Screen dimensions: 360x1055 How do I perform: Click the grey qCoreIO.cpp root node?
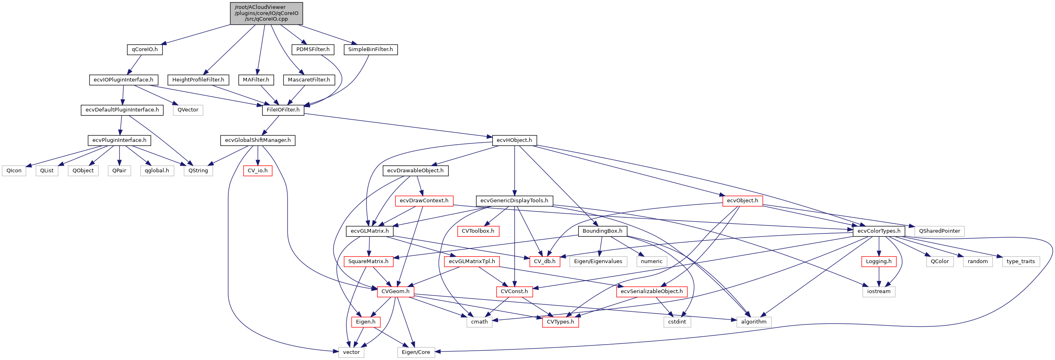coord(266,13)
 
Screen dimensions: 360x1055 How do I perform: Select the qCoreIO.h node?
coord(145,49)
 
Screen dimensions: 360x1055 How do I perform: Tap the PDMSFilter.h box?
coord(313,49)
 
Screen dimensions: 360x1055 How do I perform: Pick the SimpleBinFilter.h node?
coord(370,49)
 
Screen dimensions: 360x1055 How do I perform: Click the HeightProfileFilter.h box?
coord(198,80)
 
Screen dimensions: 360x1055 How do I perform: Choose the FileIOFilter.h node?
coord(283,110)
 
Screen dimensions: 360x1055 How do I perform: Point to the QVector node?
coord(188,110)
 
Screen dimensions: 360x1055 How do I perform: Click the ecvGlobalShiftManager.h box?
coord(257,140)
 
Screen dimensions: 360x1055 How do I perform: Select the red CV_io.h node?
coord(257,170)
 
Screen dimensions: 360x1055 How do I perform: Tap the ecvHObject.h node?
coord(514,140)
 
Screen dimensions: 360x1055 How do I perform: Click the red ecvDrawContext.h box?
coord(424,201)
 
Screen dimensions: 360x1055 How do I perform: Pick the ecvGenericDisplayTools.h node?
coord(514,201)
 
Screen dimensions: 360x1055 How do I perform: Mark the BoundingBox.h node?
coord(602,231)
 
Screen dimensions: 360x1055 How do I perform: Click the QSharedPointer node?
coord(939,231)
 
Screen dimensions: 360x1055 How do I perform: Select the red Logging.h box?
coord(879,261)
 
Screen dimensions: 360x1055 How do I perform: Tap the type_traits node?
coord(1021,261)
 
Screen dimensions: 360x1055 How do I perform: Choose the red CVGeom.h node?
coord(395,291)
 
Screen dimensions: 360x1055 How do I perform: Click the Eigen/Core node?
coord(416,352)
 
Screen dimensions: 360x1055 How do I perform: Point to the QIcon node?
coord(14,170)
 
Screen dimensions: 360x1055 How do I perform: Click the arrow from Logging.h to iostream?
coord(879,276)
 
